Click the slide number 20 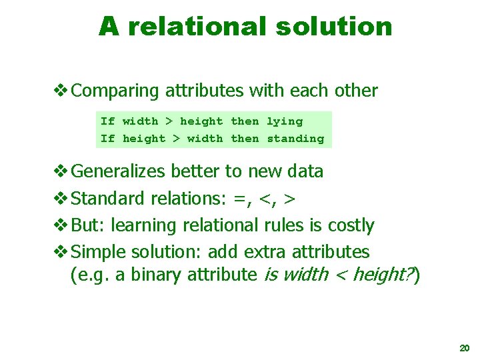464,348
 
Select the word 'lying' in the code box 285,121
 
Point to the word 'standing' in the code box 295,139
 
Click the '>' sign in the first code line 169,121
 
